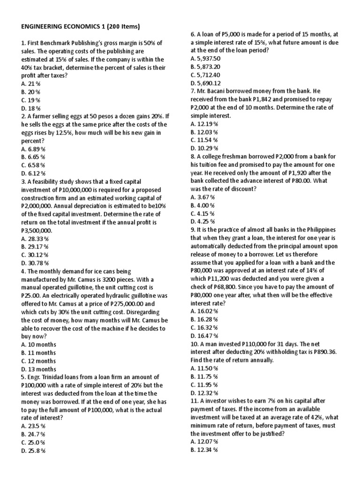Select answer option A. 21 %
[30, 84]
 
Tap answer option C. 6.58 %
[33, 165]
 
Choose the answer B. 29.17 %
[35, 247]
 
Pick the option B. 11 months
[38, 352]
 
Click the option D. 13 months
[38, 369]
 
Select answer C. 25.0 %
[33, 442]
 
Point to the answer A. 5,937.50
[206, 59]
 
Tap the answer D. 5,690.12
[206, 83]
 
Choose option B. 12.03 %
[204, 132]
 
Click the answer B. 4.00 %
[202, 205]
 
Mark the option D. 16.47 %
[204, 336]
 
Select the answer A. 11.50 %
[204, 368]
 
